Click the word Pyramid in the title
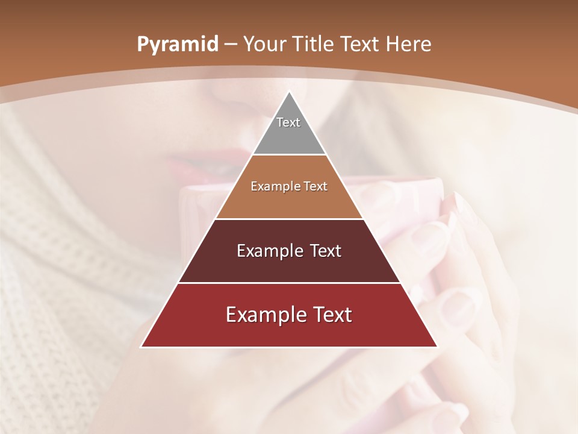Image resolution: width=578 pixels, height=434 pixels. (x=177, y=45)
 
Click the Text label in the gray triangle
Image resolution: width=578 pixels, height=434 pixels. (x=288, y=122)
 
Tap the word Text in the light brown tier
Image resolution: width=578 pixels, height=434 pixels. (x=316, y=187)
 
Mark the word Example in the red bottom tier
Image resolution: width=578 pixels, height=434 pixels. (x=262, y=315)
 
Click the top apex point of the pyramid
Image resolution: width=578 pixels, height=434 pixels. (x=289, y=92)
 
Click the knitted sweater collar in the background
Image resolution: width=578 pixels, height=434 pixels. (x=48, y=253)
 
